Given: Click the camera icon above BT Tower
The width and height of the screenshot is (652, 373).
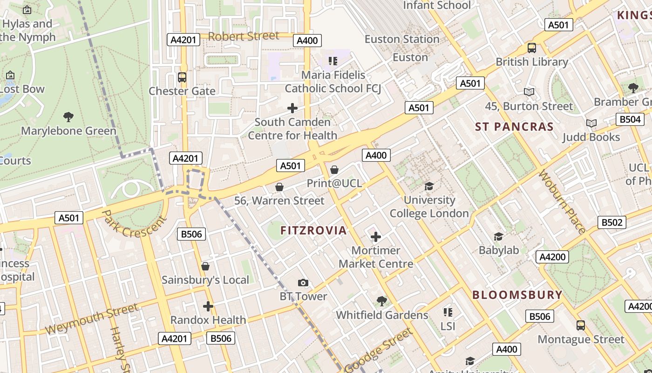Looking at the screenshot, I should click(x=303, y=283).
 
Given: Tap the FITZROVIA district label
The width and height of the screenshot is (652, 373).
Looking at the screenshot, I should click(x=313, y=230).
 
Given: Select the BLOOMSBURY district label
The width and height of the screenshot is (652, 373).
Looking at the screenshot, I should click(x=517, y=295).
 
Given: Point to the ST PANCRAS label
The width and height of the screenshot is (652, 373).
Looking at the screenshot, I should click(x=514, y=127).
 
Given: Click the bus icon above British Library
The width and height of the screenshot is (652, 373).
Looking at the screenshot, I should click(x=531, y=48).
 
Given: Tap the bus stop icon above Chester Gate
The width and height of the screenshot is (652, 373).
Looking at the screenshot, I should click(x=182, y=77).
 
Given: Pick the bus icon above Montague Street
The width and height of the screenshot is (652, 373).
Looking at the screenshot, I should click(x=581, y=325).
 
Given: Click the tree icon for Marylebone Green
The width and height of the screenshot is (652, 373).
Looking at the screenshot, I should click(x=68, y=117).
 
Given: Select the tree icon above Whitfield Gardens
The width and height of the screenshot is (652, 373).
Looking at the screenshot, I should click(x=382, y=301).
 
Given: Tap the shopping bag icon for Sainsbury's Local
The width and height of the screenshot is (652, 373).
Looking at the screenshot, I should click(x=205, y=266).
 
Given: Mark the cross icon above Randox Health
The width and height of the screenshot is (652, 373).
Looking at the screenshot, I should click(x=208, y=306).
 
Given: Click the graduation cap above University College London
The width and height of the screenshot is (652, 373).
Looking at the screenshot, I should click(x=429, y=186).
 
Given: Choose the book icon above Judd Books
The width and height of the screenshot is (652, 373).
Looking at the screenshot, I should click(x=591, y=123).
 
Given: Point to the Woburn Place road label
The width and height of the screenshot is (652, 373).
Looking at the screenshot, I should click(x=562, y=202).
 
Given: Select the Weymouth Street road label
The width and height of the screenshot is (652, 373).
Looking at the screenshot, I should click(x=92, y=318).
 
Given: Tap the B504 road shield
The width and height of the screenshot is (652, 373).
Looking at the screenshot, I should click(x=630, y=119).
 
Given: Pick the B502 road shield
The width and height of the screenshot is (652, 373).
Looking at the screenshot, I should click(x=611, y=222).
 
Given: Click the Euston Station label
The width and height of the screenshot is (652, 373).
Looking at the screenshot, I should click(x=402, y=39).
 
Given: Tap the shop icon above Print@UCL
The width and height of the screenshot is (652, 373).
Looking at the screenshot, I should click(x=334, y=170).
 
